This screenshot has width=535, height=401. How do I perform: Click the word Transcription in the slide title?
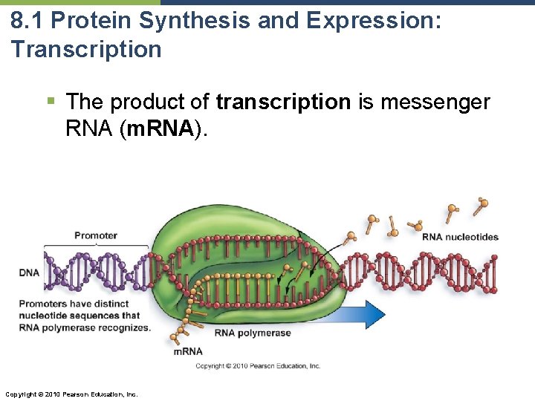coord(85,50)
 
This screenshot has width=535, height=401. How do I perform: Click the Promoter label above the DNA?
coord(96,235)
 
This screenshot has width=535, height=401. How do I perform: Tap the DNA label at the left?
coord(30,273)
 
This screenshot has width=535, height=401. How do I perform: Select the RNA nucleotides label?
coord(460,237)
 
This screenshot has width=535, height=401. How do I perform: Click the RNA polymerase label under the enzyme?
coord(253,333)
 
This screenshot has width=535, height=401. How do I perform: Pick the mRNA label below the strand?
coord(188,351)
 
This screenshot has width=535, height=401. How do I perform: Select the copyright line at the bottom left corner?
coord(71,394)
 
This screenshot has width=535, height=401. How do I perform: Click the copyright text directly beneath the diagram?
coord(258,365)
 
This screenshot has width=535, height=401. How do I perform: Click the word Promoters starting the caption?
coord(42,304)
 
